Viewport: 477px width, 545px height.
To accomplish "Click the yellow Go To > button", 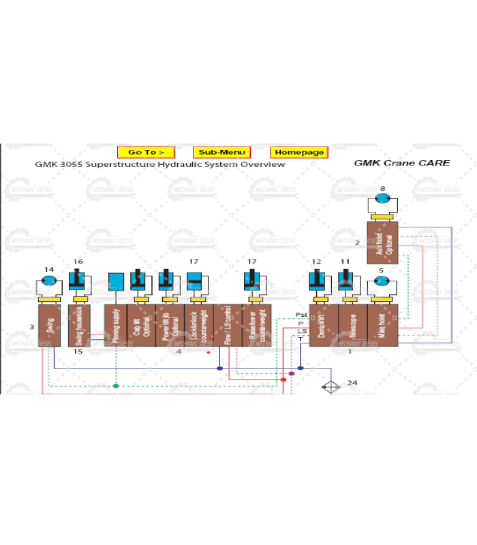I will click(146, 153).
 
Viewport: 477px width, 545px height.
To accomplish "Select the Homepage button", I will click(298, 153).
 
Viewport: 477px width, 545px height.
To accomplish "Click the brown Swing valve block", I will click(49, 326).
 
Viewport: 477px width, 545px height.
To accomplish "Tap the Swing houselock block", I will click(79, 326).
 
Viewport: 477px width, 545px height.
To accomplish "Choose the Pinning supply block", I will click(115, 326).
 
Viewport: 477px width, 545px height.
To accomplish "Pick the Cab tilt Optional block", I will click(141, 326).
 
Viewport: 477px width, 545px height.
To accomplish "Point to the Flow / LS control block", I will click(228, 326).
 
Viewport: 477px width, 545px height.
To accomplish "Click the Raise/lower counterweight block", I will click(256, 326).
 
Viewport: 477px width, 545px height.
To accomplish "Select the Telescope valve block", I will click(352, 326).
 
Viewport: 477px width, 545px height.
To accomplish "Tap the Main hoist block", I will click(382, 326).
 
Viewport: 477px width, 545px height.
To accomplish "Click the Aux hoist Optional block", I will click(382, 243).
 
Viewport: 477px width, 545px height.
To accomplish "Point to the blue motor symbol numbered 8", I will click(382, 198).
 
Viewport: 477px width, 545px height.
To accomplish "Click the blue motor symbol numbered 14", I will click(48, 280).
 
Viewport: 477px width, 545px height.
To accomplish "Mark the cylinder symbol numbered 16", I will click(79, 280).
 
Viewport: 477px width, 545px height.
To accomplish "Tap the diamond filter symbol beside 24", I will click(330, 387).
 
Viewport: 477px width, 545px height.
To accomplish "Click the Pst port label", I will click(301, 315).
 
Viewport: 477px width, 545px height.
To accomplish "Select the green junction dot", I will click(116, 386).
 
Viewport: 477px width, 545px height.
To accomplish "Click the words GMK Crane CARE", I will click(401, 163).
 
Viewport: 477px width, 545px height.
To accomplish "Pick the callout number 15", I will click(78, 352).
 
